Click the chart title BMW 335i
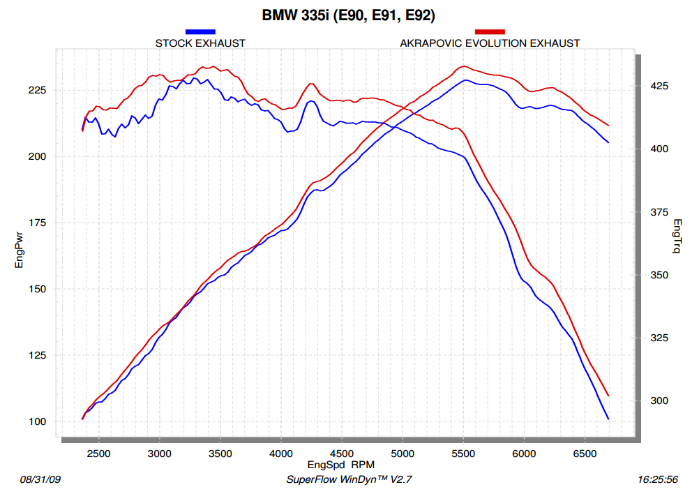click(349, 14)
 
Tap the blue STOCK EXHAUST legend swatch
click(200, 31)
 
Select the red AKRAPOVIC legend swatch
click(490, 31)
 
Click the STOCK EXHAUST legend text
click(200, 43)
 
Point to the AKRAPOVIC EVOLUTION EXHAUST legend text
click(490, 43)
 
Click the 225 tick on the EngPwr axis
click(37, 91)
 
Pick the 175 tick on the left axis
click(37, 223)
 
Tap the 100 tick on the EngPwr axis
click(37, 421)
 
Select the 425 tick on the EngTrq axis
click(659, 86)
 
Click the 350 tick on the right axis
click(659, 275)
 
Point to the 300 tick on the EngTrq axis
click(659, 401)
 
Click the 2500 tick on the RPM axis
click(98, 453)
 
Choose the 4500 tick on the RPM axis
click(341, 453)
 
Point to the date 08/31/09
click(42, 480)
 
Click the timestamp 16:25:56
click(658, 480)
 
